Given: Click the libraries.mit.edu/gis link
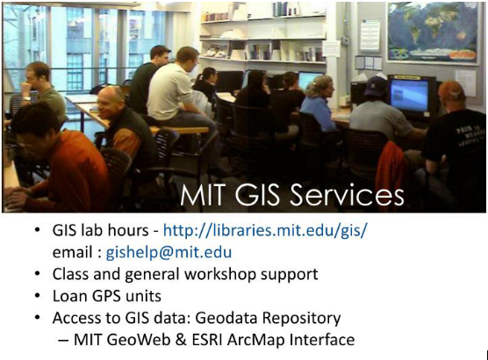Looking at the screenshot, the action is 265,231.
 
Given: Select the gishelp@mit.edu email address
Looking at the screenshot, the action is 169,252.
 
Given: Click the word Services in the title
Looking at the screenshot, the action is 347,195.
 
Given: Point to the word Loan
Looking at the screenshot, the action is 70,296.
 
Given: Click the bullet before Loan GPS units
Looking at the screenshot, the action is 38,296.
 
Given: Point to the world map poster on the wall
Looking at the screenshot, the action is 433,32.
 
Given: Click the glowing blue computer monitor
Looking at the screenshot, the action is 409,95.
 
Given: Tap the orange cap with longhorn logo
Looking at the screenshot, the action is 452,90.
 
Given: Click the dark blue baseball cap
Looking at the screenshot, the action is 376,86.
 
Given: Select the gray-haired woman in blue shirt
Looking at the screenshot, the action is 318,104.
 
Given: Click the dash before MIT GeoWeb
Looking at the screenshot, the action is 63,340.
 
